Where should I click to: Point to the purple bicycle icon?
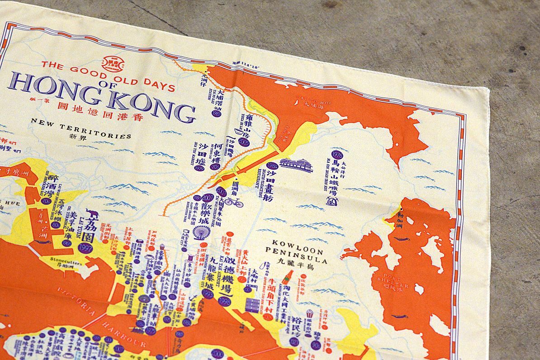click(234, 202)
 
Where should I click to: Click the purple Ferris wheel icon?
click(201, 232)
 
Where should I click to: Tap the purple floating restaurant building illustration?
click(296, 166)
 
